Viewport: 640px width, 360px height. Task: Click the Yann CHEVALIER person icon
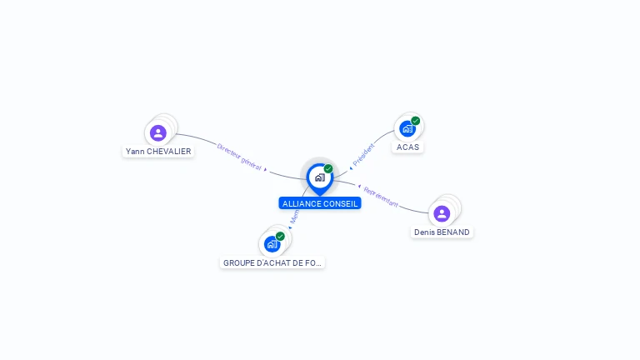158,132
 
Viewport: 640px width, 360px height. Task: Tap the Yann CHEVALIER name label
158,152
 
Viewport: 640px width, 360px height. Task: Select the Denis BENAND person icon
442,213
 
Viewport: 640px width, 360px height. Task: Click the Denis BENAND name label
442,232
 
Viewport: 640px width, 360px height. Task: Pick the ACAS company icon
407,128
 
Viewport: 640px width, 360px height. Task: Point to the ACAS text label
407,147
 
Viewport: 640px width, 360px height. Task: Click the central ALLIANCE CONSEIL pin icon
319,177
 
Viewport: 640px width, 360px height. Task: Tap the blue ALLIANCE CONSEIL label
320,203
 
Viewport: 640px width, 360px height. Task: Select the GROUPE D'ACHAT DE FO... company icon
272,244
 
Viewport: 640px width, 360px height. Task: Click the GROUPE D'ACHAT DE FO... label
272,262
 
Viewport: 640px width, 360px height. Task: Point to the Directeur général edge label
239,157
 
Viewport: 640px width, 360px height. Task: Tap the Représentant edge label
381,197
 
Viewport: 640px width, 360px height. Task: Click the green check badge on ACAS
415,121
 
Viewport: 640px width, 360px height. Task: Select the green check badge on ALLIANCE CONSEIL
328,169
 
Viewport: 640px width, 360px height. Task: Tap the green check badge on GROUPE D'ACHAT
280,237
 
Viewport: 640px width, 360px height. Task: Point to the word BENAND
453,232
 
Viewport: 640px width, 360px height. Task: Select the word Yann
133,152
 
